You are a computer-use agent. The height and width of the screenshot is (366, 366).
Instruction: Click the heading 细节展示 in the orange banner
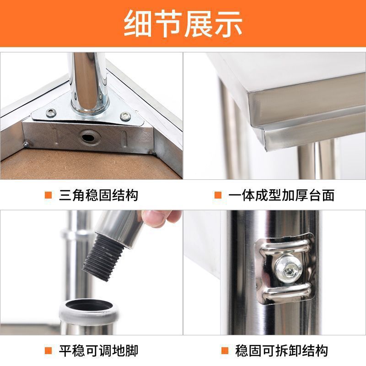(183, 24)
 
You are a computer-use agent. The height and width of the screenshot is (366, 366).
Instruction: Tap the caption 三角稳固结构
(98, 195)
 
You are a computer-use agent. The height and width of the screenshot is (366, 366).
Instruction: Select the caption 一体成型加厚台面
(281, 195)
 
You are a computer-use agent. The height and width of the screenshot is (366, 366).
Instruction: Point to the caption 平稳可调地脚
(98, 350)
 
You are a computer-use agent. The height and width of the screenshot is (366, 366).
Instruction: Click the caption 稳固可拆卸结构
(282, 350)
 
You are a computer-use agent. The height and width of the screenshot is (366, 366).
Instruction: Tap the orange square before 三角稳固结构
(48, 195)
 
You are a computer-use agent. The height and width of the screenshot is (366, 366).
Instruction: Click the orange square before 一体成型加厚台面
(218, 195)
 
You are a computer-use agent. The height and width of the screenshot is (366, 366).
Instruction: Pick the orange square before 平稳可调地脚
(48, 350)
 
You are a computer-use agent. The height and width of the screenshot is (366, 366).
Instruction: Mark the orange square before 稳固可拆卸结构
(225, 350)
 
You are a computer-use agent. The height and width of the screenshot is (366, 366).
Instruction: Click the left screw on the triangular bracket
(51, 113)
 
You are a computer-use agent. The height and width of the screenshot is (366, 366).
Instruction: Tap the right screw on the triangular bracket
(125, 116)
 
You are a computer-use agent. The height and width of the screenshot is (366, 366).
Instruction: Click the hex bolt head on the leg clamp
(289, 269)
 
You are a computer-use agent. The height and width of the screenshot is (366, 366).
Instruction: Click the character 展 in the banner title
(199, 24)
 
